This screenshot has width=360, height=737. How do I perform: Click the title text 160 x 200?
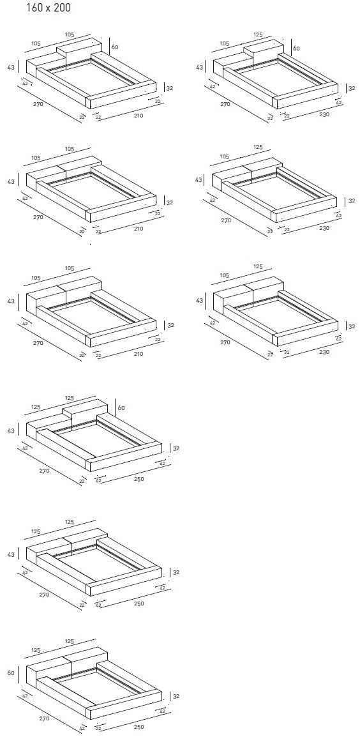click(x=49, y=8)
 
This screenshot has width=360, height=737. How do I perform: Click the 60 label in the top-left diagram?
click(x=114, y=47)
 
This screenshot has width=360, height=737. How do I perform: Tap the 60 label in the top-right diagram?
click(x=296, y=48)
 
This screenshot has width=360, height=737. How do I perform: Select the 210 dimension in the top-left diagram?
click(x=139, y=116)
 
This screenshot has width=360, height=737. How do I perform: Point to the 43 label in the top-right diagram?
click(x=200, y=68)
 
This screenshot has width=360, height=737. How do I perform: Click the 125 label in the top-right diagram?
click(x=257, y=34)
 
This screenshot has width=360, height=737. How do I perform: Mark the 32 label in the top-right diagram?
click(x=351, y=88)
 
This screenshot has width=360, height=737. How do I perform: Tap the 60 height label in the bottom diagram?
click(x=11, y=672)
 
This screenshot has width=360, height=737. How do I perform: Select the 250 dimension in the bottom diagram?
click(x=139, y=727)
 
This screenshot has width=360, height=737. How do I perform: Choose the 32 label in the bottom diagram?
click(x=176, y=696)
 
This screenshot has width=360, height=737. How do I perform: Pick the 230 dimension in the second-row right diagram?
click(x=324, y=229)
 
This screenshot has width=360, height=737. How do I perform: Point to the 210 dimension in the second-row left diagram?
click(x=139, y=229)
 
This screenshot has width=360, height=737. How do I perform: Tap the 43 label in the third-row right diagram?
click(x=200, y=301)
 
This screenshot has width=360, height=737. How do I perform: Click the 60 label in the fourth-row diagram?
click(x=121, y=408)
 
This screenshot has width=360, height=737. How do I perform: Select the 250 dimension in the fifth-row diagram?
click(x=139, y=603)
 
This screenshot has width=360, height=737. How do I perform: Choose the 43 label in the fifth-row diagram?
click(x=11, y=556)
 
